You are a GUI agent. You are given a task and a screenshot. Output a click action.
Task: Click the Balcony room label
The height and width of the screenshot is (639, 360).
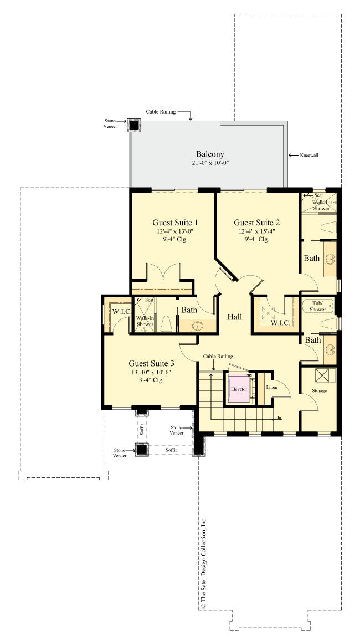[209, 154]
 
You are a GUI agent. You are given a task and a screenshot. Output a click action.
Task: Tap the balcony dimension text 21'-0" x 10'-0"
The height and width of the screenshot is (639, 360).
[209, 163]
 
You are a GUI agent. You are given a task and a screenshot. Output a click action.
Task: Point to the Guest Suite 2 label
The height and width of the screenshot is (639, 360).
[256, 223]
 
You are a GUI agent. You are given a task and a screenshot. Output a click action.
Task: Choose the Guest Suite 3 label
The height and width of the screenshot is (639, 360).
[151, 363]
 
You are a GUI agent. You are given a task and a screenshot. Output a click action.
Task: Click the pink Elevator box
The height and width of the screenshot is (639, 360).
[239, 389]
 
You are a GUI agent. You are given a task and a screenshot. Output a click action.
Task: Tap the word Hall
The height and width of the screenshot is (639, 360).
[235, 317]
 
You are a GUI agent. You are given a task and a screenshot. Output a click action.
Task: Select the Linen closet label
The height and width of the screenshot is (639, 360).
[271, 387]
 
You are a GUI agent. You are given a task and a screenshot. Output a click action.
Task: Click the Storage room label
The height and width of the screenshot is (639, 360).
[318, 390]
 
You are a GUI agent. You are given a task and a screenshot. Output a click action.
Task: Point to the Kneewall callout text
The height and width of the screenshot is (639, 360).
[308, 155]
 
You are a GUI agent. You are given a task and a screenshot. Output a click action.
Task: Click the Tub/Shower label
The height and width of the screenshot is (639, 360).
[318, 306]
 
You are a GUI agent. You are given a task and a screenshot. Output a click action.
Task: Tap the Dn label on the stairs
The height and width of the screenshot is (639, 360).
[279, 418]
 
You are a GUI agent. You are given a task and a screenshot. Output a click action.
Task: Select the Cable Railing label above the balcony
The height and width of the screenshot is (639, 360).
[161, 112]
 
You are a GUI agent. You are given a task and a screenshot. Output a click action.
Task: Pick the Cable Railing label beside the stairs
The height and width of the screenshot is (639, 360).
[218, 357]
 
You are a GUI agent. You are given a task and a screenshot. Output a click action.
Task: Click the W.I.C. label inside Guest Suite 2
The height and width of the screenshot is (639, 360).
[280, 323]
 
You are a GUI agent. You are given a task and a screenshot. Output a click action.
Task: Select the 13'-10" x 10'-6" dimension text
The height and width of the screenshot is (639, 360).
[151, 372]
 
